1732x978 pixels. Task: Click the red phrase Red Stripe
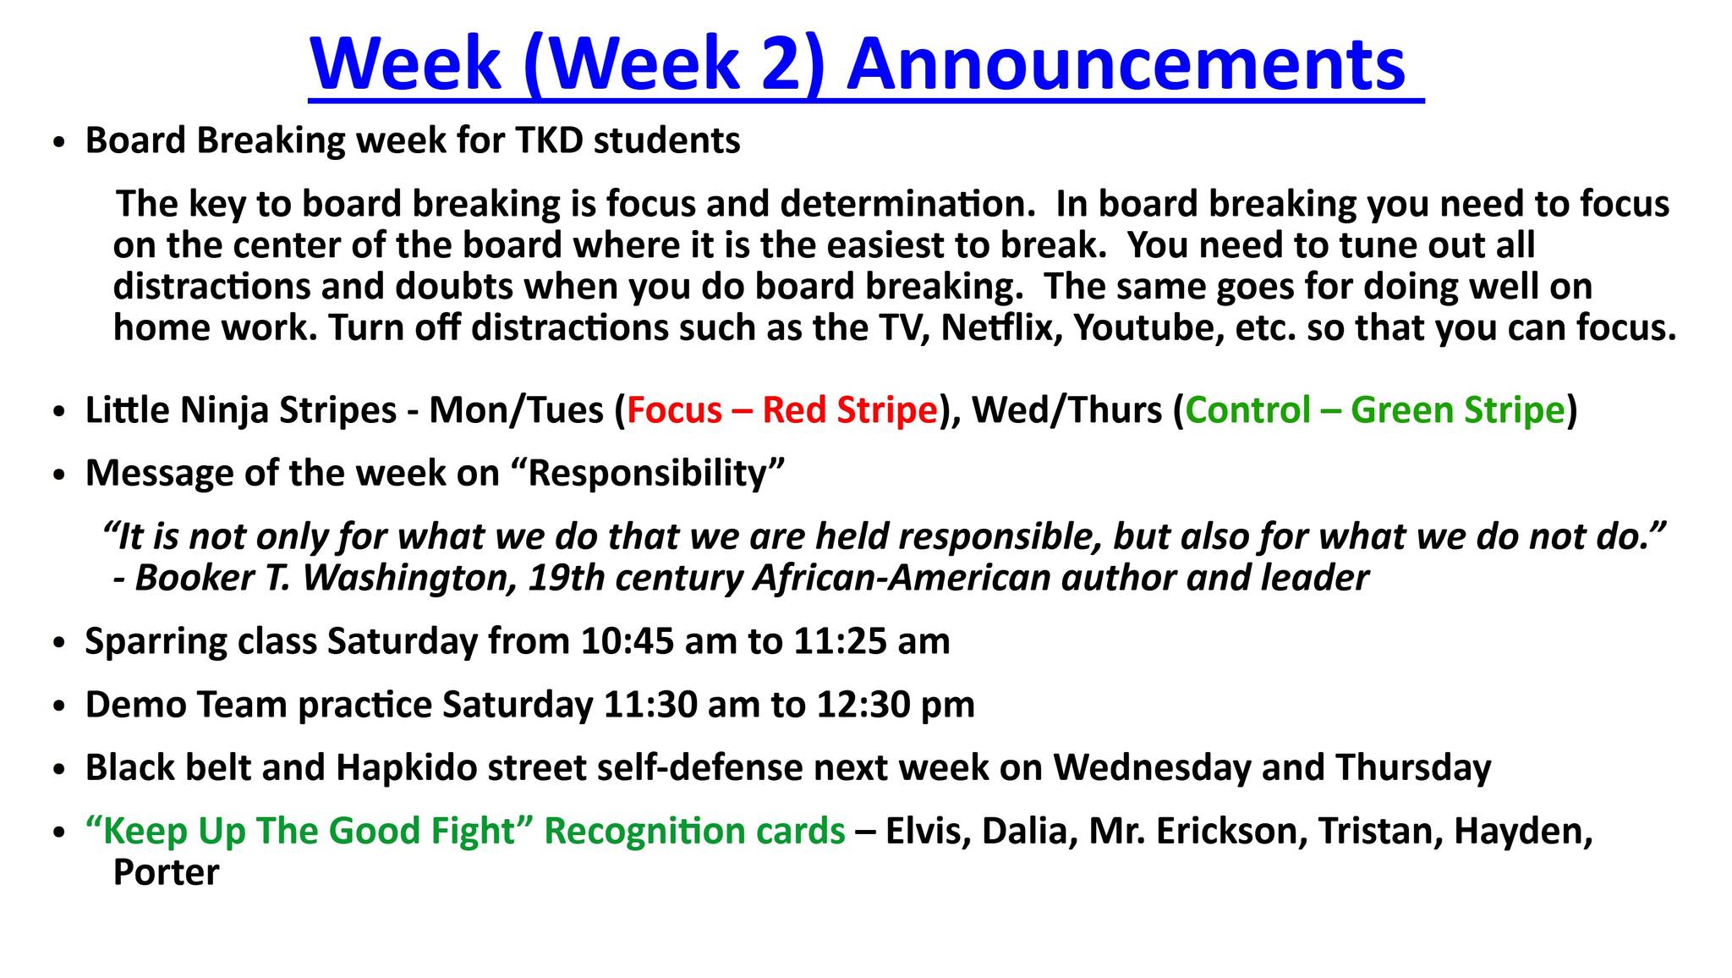coord(850,410)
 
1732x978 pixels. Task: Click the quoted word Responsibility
coord(647,474)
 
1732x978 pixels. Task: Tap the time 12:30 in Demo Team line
coord(863,705)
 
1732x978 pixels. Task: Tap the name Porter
coord(167,872)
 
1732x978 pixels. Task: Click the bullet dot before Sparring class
coord(58,644)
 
